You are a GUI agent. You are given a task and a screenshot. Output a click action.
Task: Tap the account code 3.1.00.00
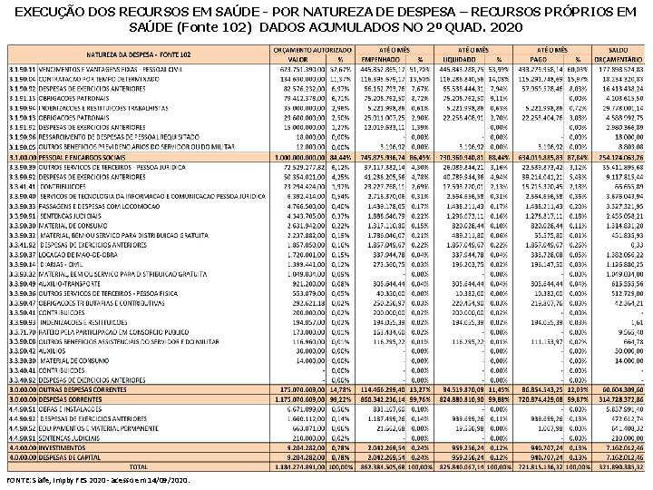[x=22, y=158]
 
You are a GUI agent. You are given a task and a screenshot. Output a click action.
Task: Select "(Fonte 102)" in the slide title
[x=220, y=27]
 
